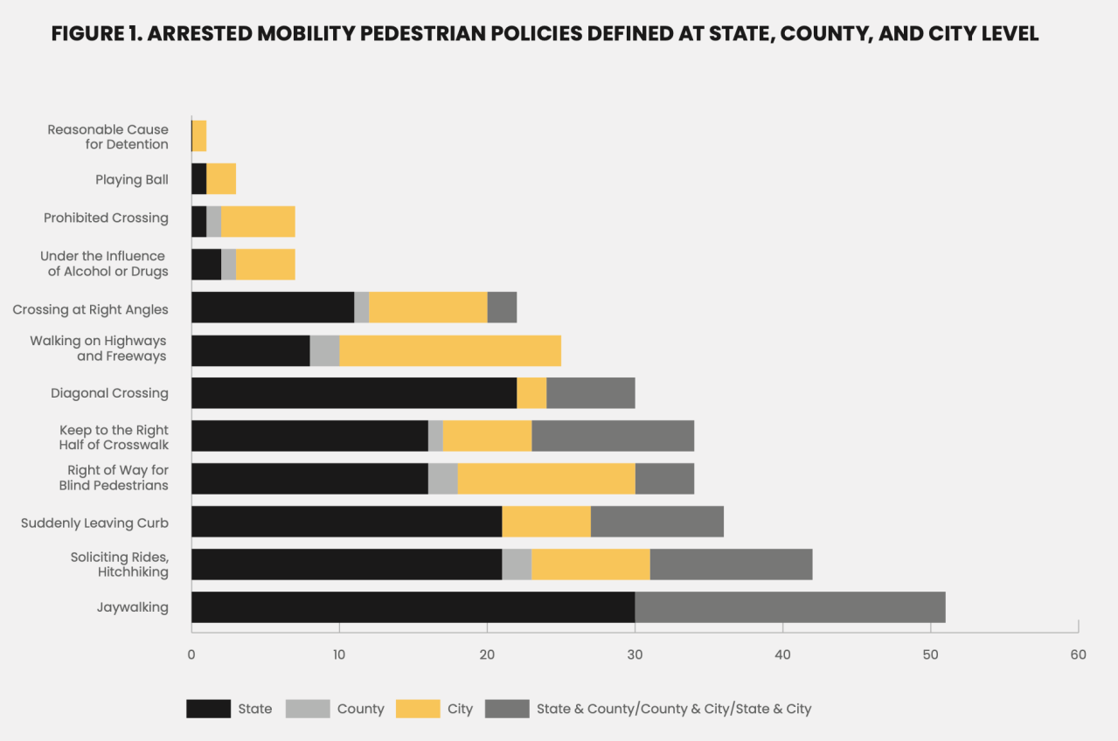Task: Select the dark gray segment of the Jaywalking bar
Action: coord(790,607)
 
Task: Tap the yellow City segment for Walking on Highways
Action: coord(450,350)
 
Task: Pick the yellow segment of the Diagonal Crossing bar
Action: coord(531,393)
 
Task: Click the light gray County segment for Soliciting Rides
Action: coord(517,564)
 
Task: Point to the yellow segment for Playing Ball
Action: coord(221,179)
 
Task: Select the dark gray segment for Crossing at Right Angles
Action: coord(502,308)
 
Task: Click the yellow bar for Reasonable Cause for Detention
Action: coord(199,136)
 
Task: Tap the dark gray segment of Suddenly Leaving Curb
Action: coord(657,522)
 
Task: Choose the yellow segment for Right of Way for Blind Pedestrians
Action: coord(546,479)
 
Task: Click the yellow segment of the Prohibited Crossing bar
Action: coord(258,222)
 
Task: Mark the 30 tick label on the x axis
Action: coord(635,654)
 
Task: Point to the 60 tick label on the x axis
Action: coord(1078,654)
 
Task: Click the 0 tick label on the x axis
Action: coord(191,654)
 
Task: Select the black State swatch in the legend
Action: coord(208,709)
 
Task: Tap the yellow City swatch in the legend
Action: coord(418,709)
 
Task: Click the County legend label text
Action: coord(360,709)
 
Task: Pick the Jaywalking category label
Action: coord(132,607)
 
